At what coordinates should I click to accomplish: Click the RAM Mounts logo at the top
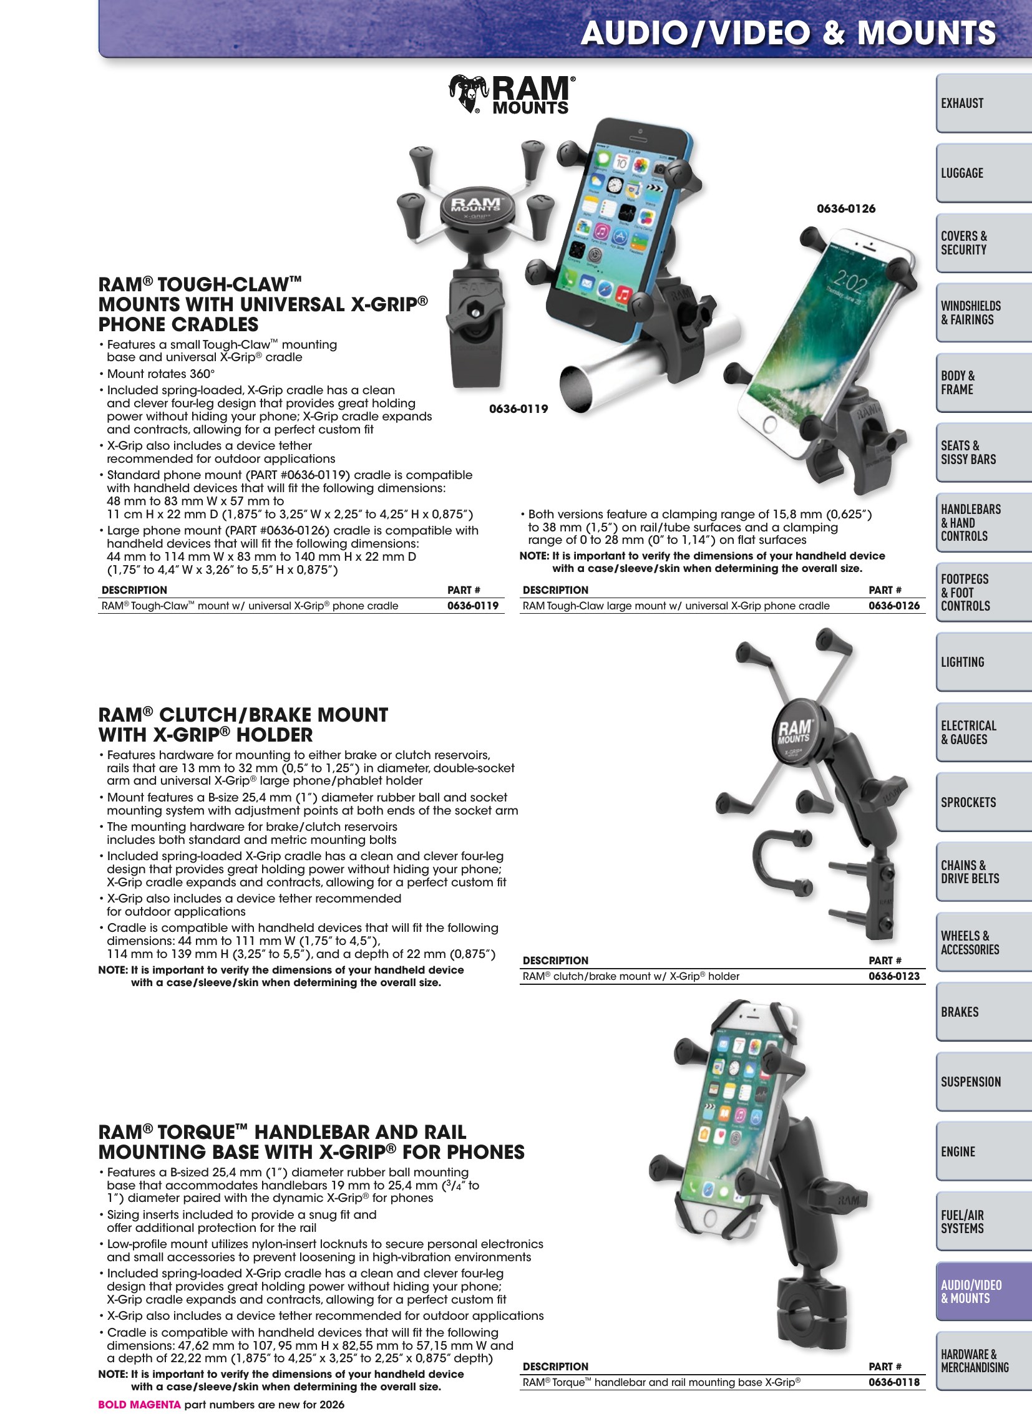pos(512,95)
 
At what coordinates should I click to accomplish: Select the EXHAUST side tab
pos(983,103)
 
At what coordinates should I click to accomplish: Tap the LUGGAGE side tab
pos(983,173)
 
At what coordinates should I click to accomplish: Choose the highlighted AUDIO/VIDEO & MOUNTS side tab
pos(983,1292)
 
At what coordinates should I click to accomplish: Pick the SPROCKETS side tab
pos(983,802)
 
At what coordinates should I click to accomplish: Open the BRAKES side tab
pos(983,1012)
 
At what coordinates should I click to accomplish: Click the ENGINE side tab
pos(983,1151)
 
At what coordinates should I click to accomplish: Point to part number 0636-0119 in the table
pos(473,605)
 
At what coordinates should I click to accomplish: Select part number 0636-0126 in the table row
pos(894,605)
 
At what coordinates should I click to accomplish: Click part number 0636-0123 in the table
pos(894,976)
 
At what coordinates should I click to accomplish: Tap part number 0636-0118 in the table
pos(894,1382)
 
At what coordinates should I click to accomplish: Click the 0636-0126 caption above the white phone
pos(846,208)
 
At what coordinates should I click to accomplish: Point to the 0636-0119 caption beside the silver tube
pos(518,409)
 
